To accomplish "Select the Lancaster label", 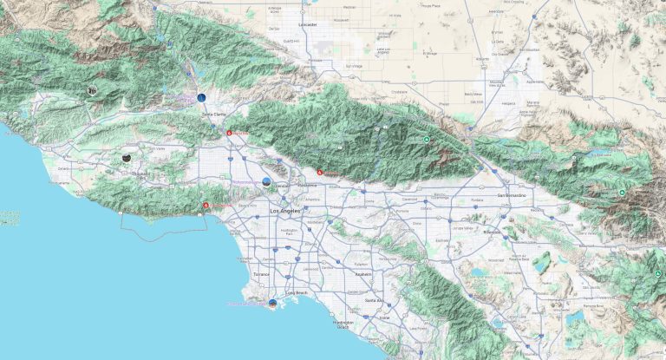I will pos(307,25).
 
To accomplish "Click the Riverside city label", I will pos(493,232).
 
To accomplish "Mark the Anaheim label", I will pos(363,274).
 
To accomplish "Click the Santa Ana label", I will pos(375,300).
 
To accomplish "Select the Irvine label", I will pos(385,318).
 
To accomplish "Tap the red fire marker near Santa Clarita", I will pos(230,134).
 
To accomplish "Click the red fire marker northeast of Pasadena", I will pos(319,172).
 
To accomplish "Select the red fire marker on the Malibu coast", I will pos(206,206).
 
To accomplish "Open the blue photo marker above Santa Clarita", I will pos(200,99).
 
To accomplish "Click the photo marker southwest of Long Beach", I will pos(272,304).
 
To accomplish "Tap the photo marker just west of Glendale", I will pos(266,180).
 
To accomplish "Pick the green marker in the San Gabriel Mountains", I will pos(427,139).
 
